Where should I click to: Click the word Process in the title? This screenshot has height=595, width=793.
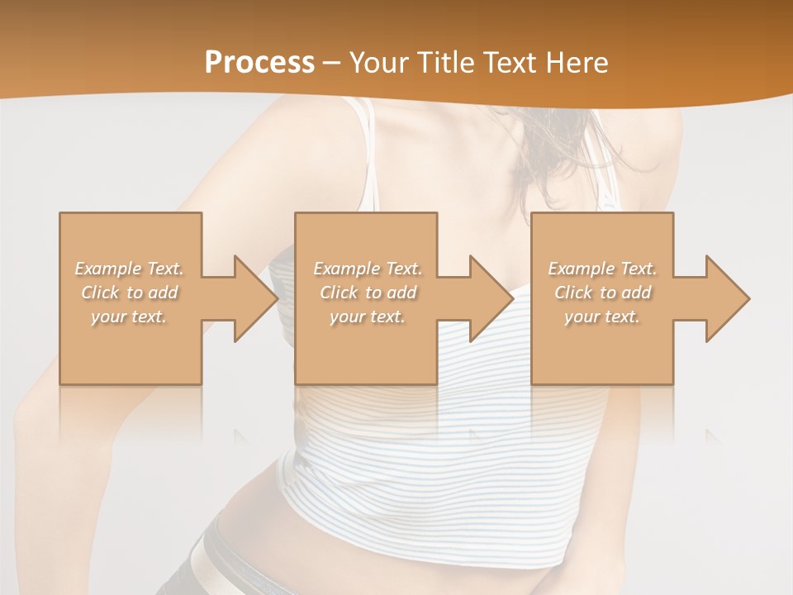click(259, 63)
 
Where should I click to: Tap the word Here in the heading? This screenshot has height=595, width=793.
click(577, 63)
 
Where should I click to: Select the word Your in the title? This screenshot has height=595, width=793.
click(378, 63)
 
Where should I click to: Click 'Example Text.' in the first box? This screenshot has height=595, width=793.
click(129, 269)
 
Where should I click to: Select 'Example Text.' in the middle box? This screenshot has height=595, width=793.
click(367, 269)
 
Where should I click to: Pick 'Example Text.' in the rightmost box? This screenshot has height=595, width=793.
click(602, 269)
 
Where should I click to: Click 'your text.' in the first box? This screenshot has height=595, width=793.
click(129, 317)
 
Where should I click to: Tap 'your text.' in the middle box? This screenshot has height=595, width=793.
click(367, 317)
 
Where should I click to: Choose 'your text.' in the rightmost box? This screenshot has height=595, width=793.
click(602, 317)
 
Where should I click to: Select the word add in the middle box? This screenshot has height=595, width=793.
click(400, 293)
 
